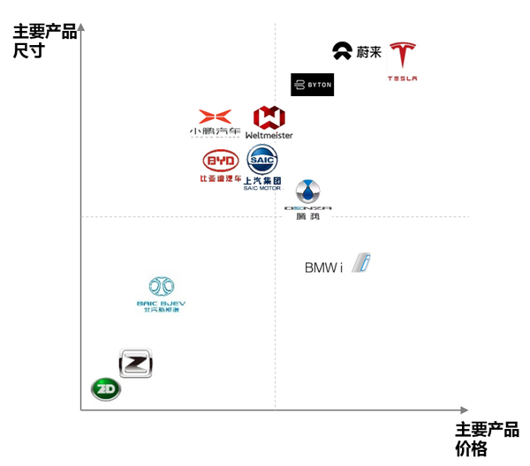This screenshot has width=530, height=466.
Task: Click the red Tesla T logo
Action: coord(402,56)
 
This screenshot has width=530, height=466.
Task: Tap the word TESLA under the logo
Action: coord(402,79)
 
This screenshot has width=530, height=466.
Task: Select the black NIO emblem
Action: coord(342,51)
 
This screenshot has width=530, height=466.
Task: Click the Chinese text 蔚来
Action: coord(369,52)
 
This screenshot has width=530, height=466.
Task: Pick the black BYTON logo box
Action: coord(312,85)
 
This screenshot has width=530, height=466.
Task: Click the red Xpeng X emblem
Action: coord(215,116)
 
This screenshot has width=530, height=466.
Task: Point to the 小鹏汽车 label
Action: coord(215,132)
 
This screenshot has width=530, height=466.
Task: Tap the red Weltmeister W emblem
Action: coord(269,117)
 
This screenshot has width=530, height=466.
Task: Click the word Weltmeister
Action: coord(269,135)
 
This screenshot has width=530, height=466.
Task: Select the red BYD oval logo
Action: coord(221,161)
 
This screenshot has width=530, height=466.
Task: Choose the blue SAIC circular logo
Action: coord(262,160)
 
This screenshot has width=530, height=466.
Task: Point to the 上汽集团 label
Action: coord(262,180)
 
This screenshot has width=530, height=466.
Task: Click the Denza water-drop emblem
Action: coord(307,192)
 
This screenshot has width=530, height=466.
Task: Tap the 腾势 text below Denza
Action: coord(307,216)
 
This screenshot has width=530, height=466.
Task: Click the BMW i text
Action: coord(323,267)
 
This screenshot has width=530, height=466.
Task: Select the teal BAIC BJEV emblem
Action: coord(161,287)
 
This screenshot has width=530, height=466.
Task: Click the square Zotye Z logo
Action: coord(136,363)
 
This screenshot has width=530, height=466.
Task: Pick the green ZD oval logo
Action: coord(106,388)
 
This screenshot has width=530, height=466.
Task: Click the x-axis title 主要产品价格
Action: coord(487,439)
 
